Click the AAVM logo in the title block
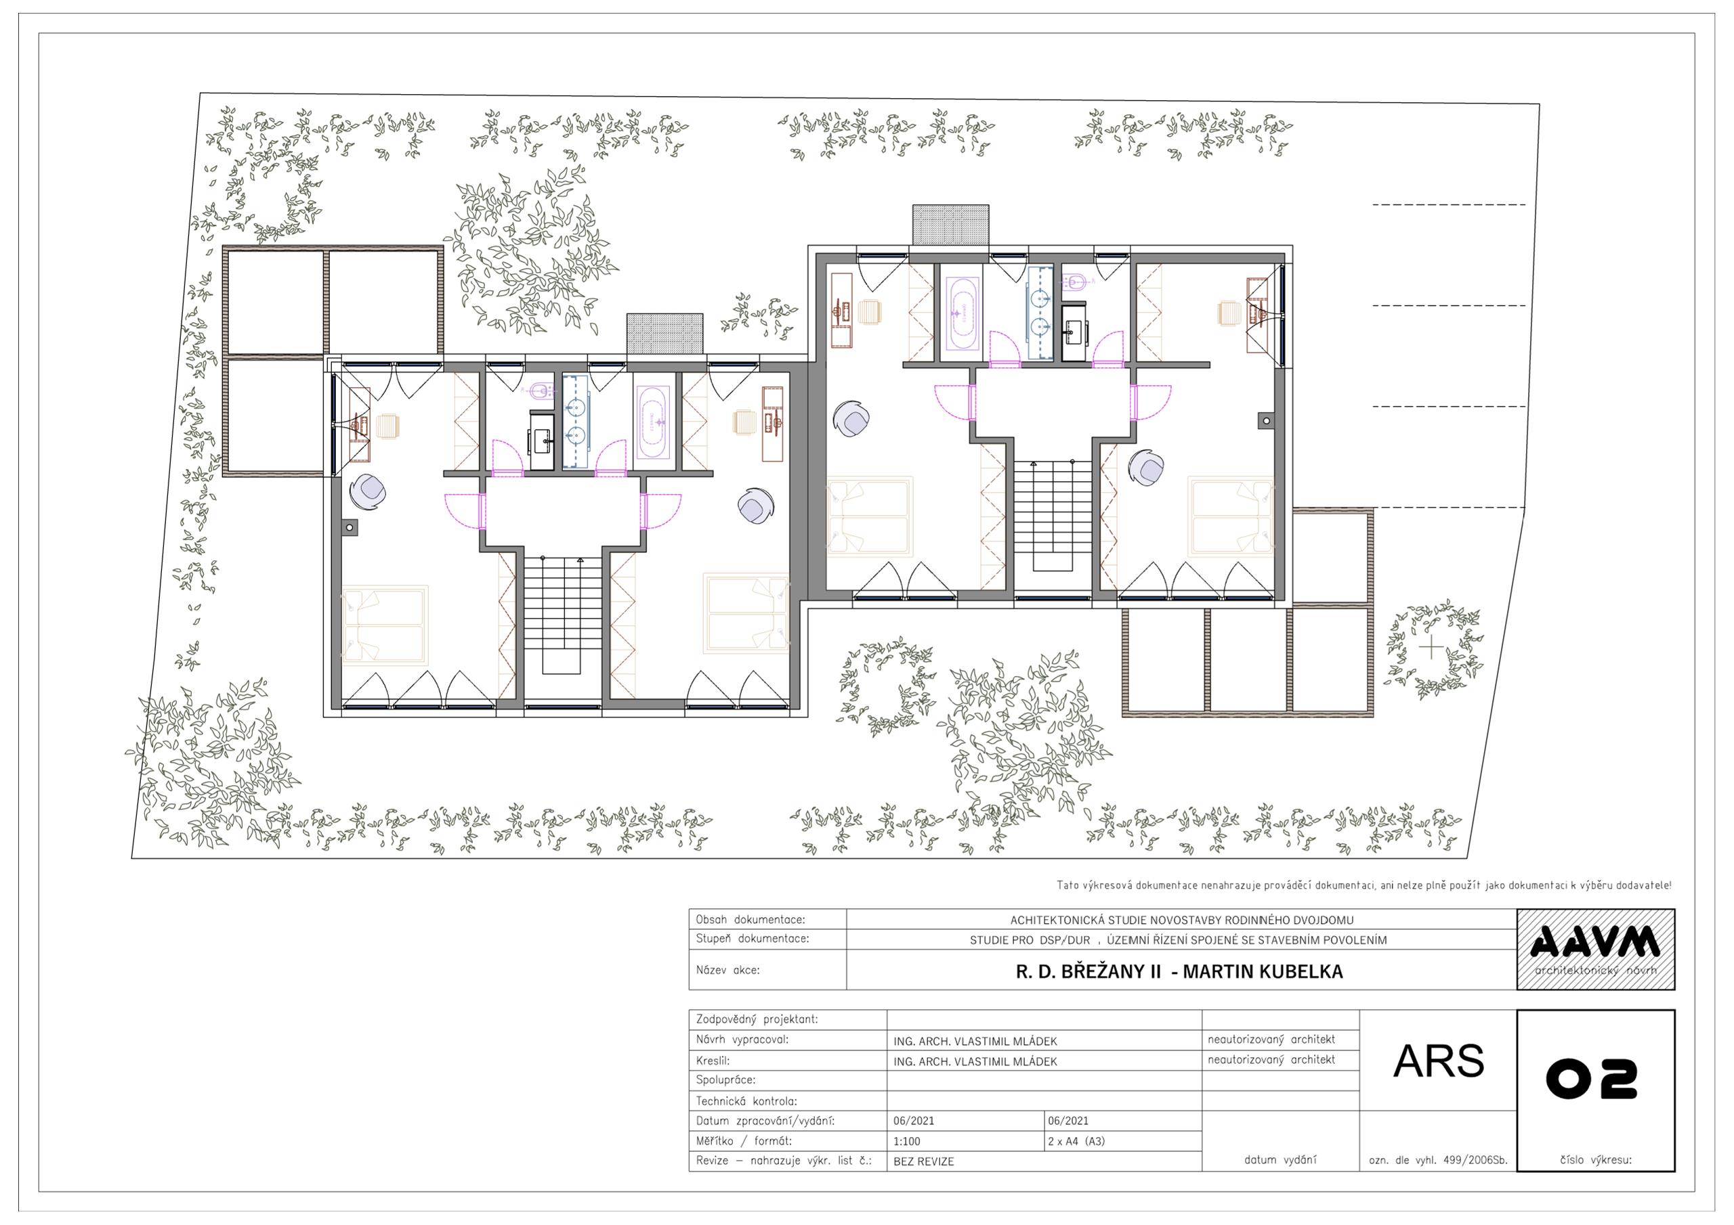(1595, 949)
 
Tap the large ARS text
(1439, 1061)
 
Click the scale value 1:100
(906, 1141)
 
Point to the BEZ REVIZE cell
(924, 1161)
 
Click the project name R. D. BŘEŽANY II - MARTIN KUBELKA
(1179, 971)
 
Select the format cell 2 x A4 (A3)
(1076, 1141)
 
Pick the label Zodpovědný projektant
(757, 1020)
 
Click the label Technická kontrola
(746, 1101)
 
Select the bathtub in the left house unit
(651, 423)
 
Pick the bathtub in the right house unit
(961, 313)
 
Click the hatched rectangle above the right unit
(951, 225)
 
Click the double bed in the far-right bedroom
(1231, 516)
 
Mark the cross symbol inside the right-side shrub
(1431, 648)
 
